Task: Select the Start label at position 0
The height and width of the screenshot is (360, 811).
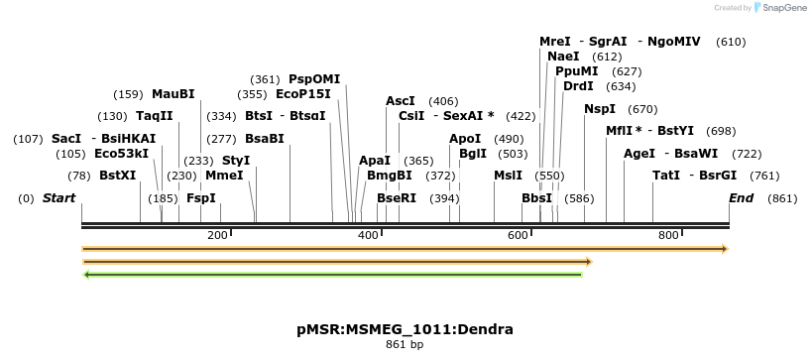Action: pos(58,198)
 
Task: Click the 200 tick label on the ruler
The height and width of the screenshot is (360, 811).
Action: pos(217,235)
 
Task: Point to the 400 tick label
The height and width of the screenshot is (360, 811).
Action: pos(368,235)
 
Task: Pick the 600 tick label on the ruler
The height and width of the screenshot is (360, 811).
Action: pos(518,235)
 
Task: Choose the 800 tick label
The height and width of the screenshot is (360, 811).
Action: pos(668,235)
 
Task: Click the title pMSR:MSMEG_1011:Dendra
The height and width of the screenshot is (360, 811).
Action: pos(405,328)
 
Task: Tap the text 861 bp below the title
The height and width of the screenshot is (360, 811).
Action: pos(405,345)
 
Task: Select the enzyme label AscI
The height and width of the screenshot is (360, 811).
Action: pos(401,101)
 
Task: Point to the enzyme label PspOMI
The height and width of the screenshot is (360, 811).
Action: pos(314,79)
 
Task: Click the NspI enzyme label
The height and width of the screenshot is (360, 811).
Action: pos(600,109)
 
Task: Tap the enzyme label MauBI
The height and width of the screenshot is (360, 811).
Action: pos(174,94)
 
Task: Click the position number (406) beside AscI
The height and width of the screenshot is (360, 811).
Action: pos(443,101)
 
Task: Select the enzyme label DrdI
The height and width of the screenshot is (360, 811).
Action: pos(578,86)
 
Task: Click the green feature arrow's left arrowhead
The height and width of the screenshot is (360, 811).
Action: pos(87,274)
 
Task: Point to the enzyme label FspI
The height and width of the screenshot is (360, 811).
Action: pos(201,198)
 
